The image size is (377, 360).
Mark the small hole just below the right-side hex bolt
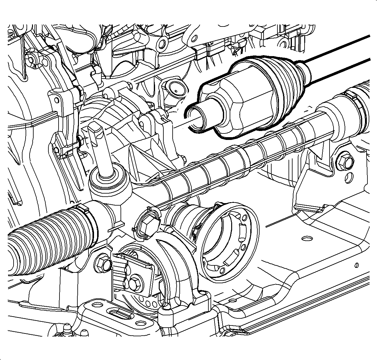[349, 176]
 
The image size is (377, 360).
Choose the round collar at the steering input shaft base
[109, 179]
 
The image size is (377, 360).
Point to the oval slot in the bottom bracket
[122, 316]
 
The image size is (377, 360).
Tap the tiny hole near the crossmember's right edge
[357, 265]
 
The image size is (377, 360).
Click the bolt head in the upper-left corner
[31, 59]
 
